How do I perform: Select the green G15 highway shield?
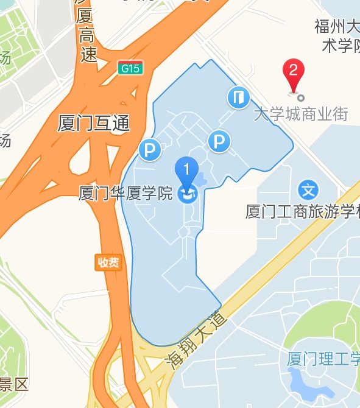(130, 68)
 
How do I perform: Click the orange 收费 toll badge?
(108, 262)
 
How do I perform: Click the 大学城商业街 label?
(300, 113)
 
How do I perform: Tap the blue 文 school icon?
(309, 189)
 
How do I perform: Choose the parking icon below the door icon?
(219, 142)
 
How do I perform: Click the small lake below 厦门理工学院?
(304, 384)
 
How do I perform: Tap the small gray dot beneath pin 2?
(300, 97)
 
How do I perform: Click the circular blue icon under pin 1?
(188, 194)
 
